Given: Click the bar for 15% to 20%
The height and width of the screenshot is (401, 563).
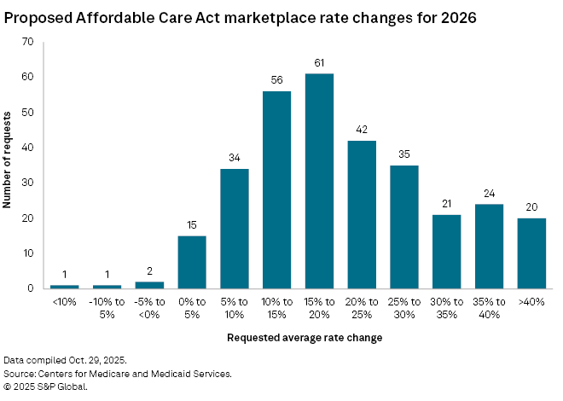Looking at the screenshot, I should coord(319,181).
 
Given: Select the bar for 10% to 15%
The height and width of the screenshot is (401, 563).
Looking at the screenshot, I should coord(276,189).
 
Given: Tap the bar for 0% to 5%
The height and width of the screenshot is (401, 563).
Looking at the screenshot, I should coord(192,262).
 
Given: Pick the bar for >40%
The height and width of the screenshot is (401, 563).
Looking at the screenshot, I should coord(531,253).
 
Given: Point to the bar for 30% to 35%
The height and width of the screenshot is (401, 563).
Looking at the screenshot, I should coord(446,252).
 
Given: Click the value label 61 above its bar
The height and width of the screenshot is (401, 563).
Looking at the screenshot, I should coord(319,64).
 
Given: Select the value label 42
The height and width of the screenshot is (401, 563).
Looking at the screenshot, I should coord(362,131).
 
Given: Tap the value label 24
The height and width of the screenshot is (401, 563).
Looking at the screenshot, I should coord(489,194).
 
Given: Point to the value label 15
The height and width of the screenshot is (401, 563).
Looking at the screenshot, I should coord(192,225).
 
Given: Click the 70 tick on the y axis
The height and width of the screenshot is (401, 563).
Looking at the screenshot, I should coord(29,42).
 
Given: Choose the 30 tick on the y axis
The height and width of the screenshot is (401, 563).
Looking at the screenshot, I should coord(29,183).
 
